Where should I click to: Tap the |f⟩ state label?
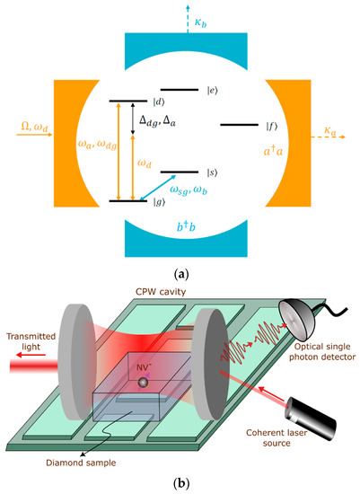pos(270,125)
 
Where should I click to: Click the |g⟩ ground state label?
pos(134,203)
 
